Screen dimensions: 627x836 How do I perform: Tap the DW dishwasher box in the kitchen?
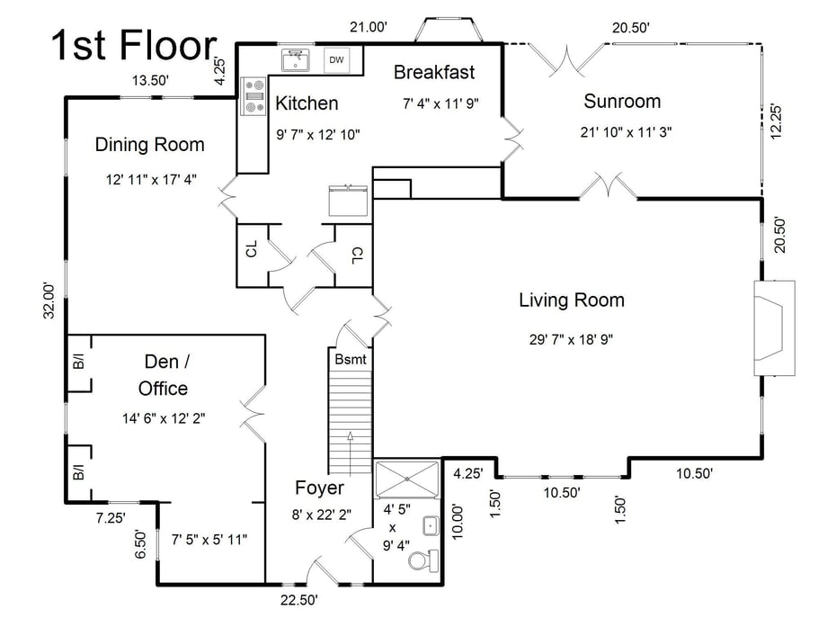(336, 59)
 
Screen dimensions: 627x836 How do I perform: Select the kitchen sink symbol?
(294, 60)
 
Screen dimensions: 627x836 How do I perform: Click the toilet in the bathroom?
(421, 561)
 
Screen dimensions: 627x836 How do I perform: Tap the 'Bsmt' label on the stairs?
(350, 359)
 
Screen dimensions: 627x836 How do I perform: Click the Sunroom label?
(622, 100)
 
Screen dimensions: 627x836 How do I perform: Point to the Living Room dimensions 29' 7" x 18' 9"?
(571, 339)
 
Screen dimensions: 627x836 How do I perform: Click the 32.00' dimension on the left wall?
(53, 300)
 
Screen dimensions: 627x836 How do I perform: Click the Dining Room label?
(150, 144)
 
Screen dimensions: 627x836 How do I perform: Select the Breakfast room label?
(434, 72)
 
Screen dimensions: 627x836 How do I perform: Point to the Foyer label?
(319, 488)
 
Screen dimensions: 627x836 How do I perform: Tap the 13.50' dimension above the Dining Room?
(151, 81)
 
